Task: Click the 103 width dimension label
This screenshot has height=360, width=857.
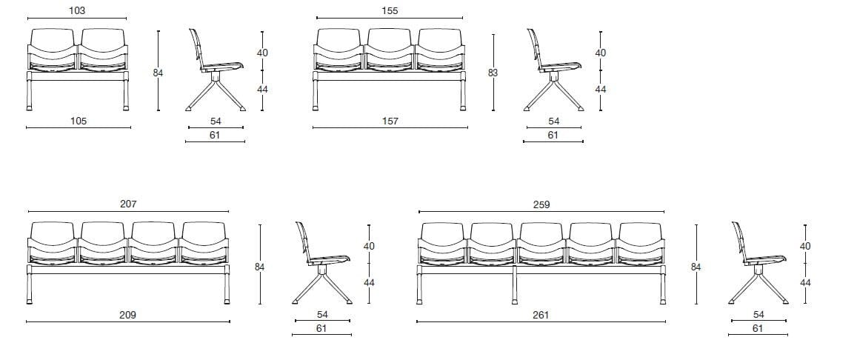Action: (x=77, y=10)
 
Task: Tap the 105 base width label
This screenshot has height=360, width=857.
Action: (x=79, y=121)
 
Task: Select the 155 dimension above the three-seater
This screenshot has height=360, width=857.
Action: (x=390, y=10)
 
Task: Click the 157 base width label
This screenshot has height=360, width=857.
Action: (x=390, y=121)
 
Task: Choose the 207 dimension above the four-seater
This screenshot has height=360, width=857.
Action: (x=128, y=204)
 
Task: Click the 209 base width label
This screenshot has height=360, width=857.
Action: (x=128, y=315)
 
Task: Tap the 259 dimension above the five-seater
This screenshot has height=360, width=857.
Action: (x=541, y=204)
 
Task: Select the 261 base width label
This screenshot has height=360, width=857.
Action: (x=541, y=315)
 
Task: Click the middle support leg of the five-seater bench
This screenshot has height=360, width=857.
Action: (x=514, y=285)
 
